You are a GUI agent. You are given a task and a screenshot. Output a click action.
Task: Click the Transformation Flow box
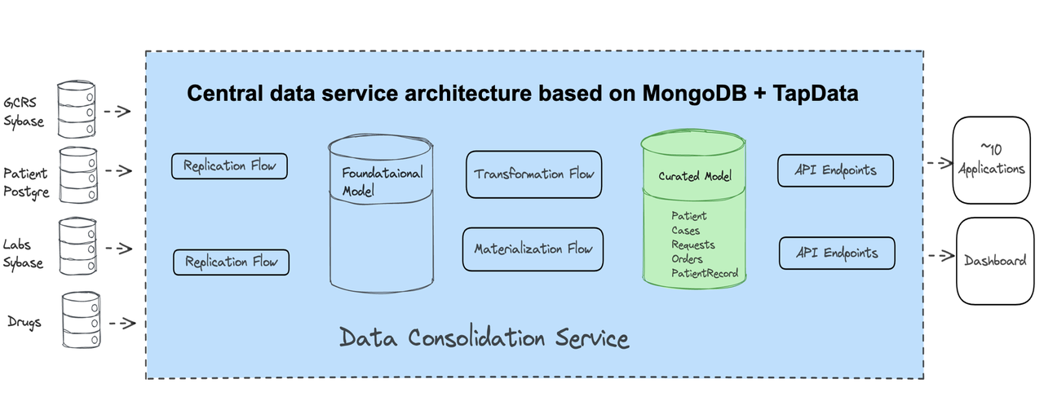pyautogui.click(x=533, y=174)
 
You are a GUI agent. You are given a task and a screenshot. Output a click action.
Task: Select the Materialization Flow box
pyautogui.click(x=533, y=249)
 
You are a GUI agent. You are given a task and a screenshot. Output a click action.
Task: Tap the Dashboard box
pyautogui.click(x=995, y=261)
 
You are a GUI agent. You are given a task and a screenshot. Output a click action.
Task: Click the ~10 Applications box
pyautogui.click(x=990, y=161)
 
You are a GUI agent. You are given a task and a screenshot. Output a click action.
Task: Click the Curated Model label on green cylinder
pyautogui.click(x=695, y=176)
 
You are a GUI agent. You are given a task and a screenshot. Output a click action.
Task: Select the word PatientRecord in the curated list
pyautogui.click(x=705, y=273)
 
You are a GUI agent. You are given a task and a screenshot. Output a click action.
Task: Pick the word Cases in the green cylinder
pyautogui.click(x=685, y=231)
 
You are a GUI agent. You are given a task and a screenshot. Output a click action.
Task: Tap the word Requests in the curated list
pyautogui.click(x=692, y=245)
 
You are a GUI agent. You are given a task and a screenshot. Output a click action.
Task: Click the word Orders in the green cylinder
pyautogui.click(x=687, y=259)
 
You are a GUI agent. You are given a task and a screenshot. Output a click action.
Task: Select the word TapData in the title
pyautogui.click(x=817, y=94)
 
